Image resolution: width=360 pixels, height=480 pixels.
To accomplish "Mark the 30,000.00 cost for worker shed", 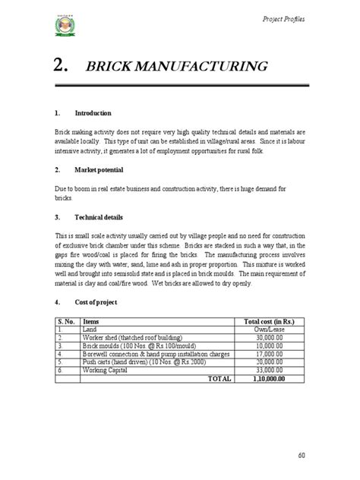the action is click(273, 339).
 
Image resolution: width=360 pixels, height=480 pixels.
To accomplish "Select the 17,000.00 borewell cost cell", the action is click(273, 354).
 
